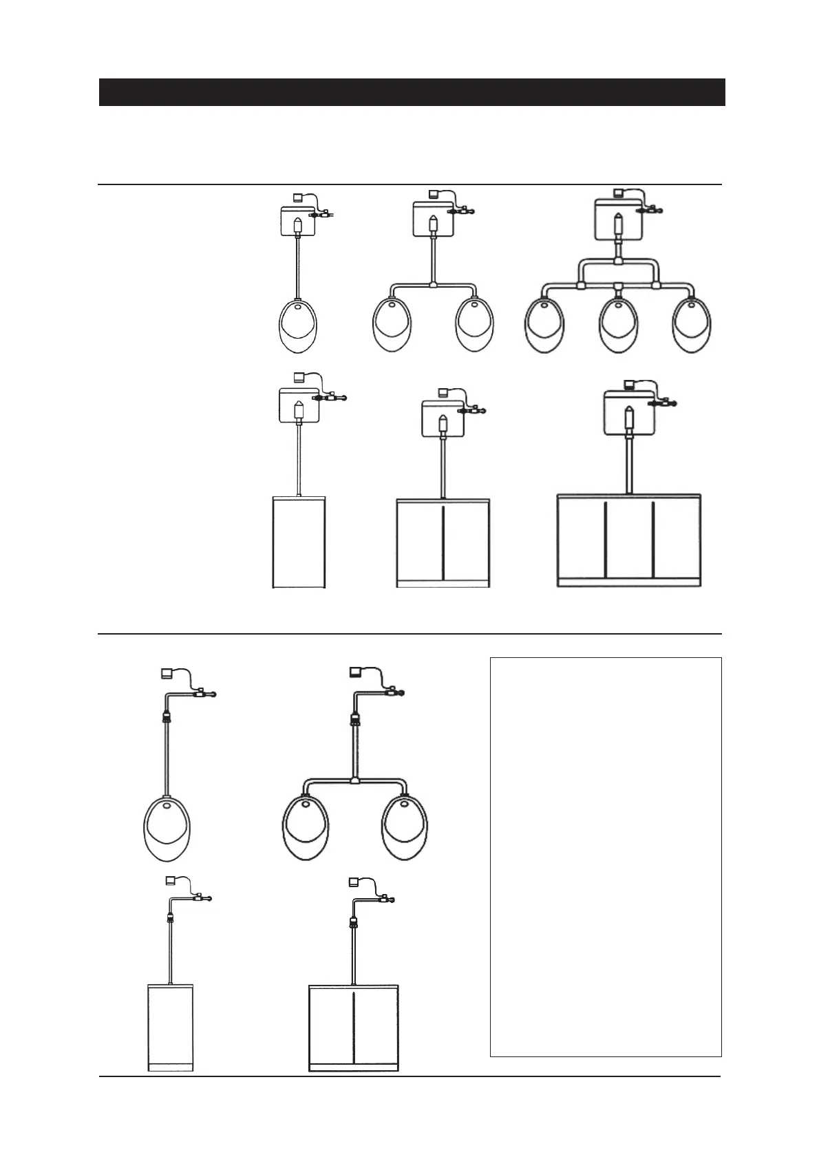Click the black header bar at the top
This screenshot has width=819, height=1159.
click(x=412, y=92)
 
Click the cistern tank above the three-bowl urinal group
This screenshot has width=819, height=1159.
click(x=619, y=219)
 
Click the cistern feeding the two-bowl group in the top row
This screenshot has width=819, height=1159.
click(x=433, y=219)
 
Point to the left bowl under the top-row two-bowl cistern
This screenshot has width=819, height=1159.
click(x=392, y=325)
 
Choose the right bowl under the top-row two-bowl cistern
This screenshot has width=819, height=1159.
click(x=476, y=325)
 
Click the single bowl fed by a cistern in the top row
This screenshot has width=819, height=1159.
click(x=299, y=326)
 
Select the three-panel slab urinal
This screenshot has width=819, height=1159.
click(x=628, y=541)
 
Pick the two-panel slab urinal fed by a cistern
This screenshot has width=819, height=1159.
click(x=443, y=544)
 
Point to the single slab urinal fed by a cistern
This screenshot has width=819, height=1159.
click(x=299, y=542)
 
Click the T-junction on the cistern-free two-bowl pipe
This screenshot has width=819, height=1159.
click(x=354, y=780)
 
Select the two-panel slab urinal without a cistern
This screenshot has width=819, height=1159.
click(x=354, y=1028)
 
